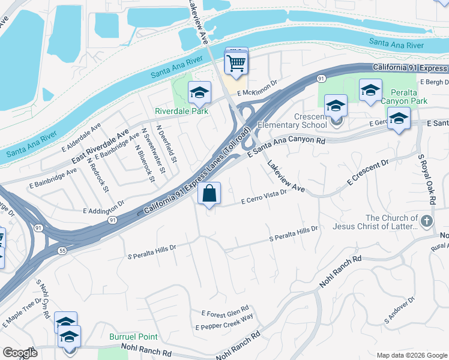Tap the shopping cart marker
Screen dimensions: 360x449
click(237, 62)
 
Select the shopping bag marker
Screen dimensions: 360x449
click(209, 194)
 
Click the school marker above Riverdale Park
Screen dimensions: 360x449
click(199, 93)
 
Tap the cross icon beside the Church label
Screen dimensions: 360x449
click(427, 221)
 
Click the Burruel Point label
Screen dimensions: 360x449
click(128, 337)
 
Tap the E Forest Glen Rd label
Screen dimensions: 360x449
click(225, 313)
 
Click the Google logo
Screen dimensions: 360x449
click(20, 353)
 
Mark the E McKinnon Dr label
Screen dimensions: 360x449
click(258, 88)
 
